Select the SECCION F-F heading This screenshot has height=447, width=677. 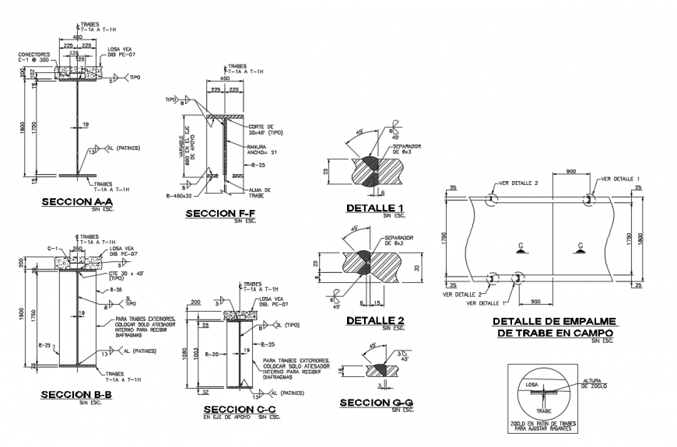pyautogui.click(x=221, y=213)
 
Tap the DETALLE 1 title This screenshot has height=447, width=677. pyautogui.click(x=375, y=208)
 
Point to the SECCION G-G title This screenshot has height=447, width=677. pyautogui.click(x=375, y=402)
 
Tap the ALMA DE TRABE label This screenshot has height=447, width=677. pyautogui.click(x=259, y=191)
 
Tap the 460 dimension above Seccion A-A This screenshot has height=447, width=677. pyautogui.click(x=78, y=37)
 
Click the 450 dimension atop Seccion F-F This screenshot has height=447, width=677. pyautogui.click(x=224, y=79)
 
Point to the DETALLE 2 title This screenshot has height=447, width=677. pyautogui.click(x=375, y=320)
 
